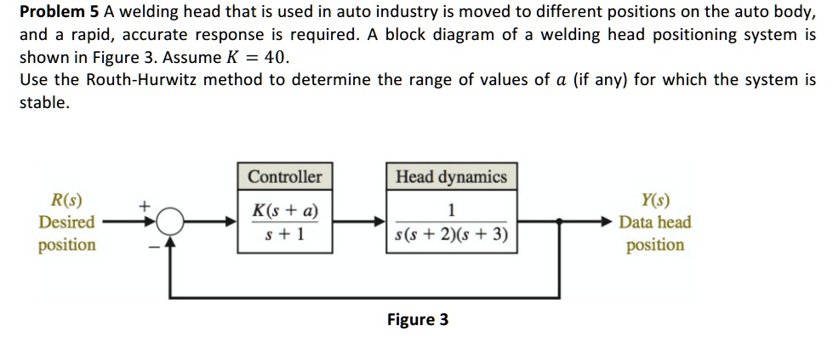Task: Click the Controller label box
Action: point(285,177)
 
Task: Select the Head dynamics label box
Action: point(451,177)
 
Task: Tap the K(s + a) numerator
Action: point(285,210)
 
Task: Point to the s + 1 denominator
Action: point(285,233)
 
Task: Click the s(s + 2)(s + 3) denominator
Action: point(451,233)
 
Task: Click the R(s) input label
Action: point(66,202)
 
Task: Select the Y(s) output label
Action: point(655,202)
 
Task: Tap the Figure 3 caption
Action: point(417,320)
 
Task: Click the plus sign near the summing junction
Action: point(145,205)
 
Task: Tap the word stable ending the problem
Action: point(43,102)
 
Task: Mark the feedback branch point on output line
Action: point(559,221)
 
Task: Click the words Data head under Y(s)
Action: point(655,223)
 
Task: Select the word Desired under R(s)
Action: point(66,223)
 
